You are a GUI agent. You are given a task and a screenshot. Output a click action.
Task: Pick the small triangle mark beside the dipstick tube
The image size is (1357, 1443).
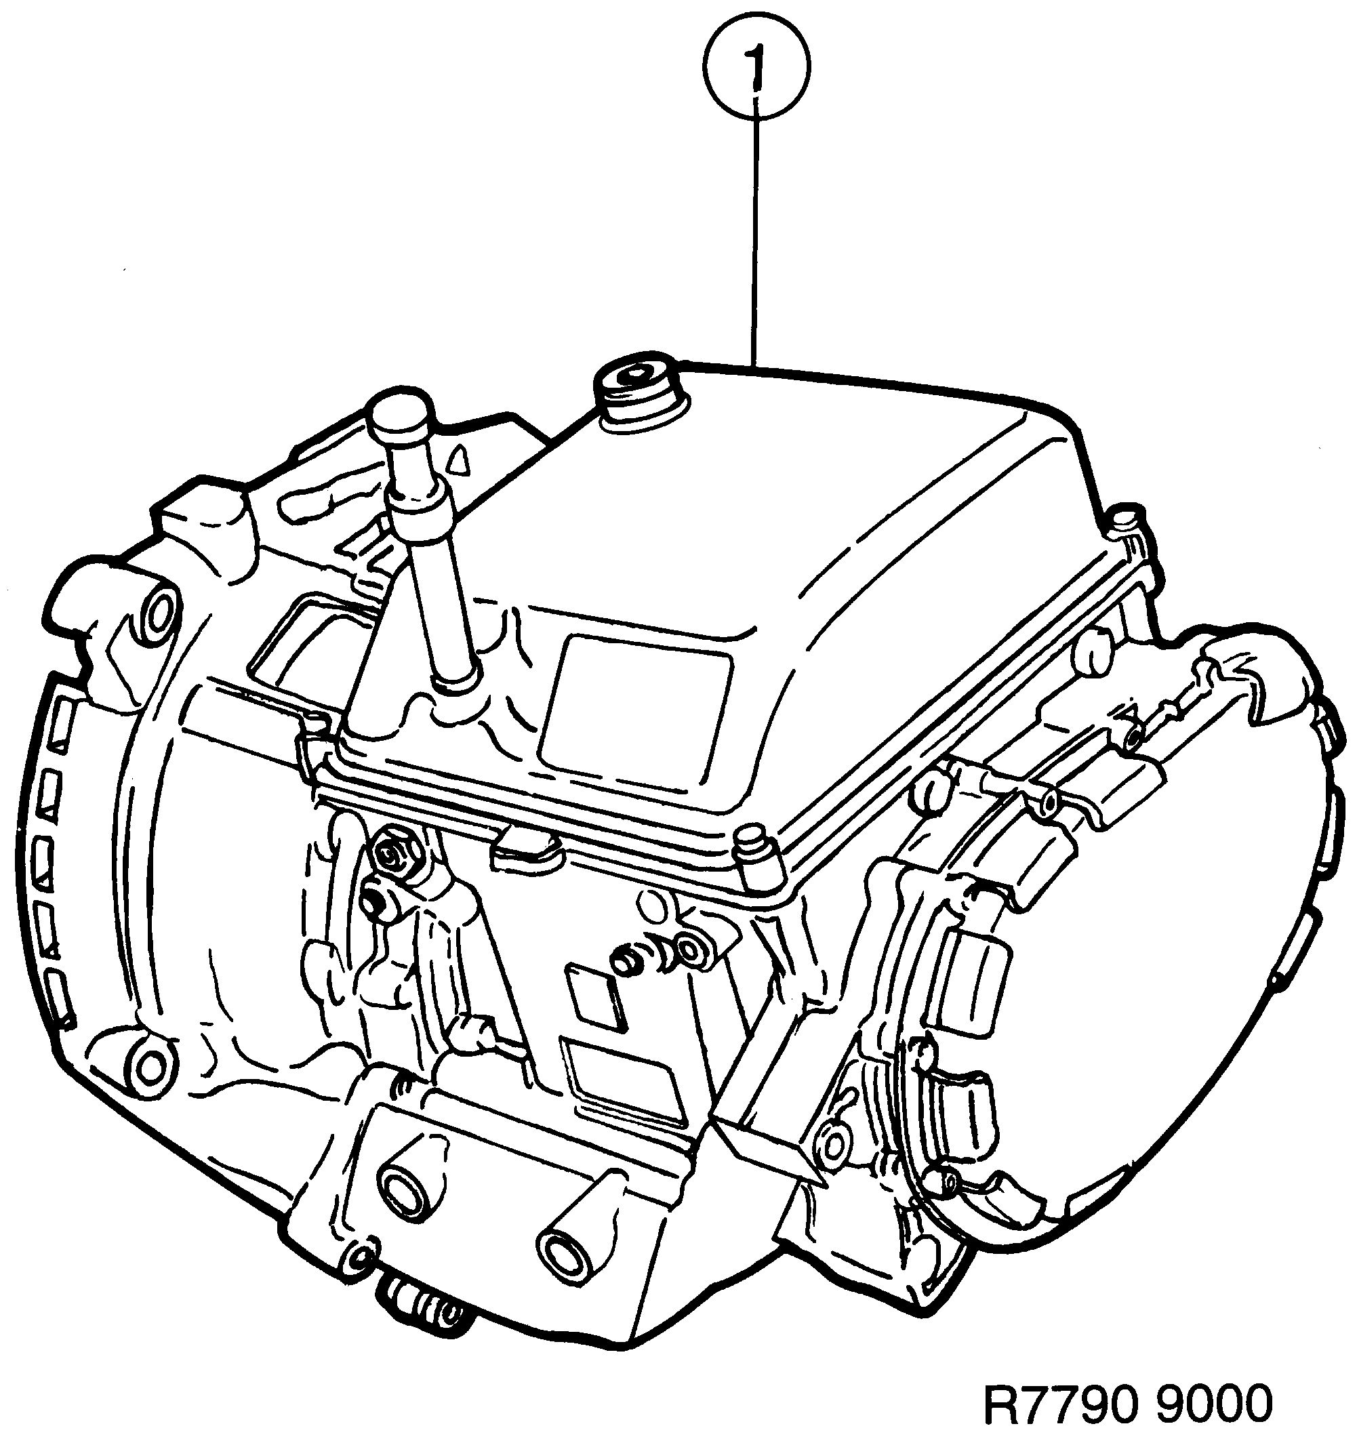tap(458, 460)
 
